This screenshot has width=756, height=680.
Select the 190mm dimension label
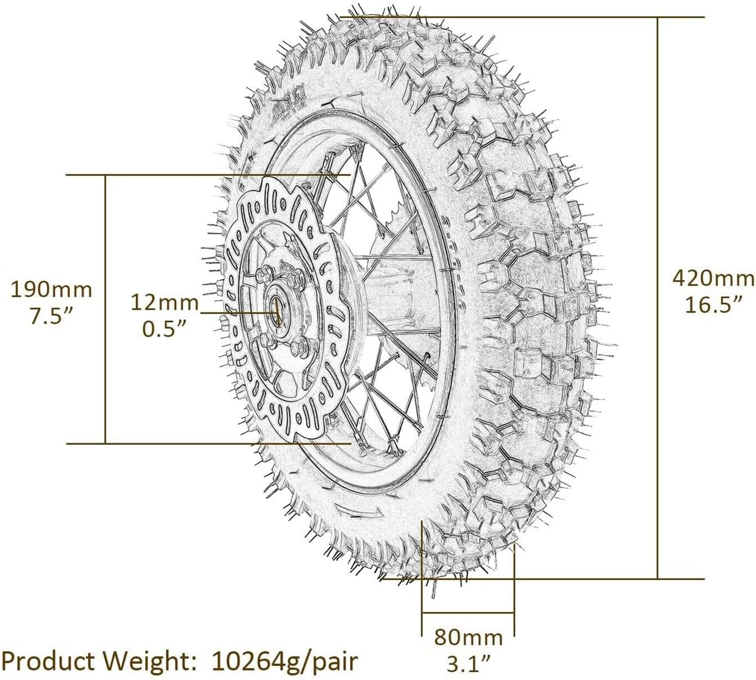52,290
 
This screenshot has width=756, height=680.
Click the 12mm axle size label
164,302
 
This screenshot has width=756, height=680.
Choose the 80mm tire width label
468,637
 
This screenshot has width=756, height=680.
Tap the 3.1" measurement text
468,664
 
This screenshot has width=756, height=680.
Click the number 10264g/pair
284,661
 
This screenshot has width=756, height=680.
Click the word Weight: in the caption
155,661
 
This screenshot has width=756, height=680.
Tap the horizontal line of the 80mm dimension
468,614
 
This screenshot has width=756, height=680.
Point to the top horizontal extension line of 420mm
561,17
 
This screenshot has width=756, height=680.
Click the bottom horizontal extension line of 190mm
168,443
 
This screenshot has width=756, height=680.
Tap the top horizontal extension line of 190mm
168,175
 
